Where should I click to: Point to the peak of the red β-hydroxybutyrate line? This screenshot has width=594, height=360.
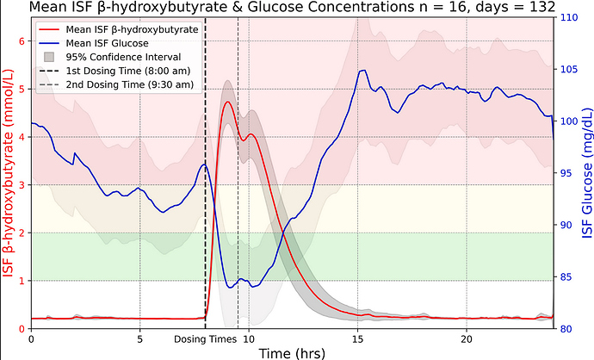coord(227,102)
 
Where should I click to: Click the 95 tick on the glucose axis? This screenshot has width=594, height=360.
coord(566,173)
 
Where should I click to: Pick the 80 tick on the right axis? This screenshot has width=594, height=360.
coord(566,328)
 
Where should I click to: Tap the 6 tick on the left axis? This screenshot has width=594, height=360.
coord(22,40)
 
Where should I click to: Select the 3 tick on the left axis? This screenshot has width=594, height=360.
coord(22,184)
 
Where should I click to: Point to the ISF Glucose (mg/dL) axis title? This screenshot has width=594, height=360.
coord(586,172)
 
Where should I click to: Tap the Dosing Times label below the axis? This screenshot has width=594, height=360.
coord(205,339)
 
